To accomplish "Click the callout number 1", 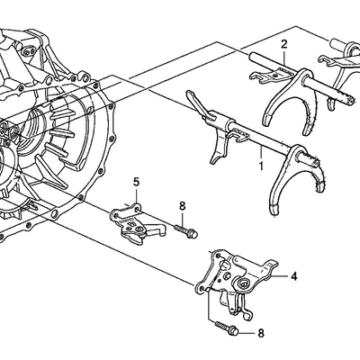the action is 261,166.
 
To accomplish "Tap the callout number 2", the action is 283,44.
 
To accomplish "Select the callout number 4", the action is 294,276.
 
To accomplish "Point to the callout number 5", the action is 136,182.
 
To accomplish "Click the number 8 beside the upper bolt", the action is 182,206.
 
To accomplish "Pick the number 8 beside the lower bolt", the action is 261,333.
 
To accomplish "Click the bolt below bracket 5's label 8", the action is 186,231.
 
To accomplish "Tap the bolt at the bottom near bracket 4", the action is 227,328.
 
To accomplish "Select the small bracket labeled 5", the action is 137,223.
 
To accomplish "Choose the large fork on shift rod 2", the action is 290,99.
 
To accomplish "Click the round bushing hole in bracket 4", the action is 243,283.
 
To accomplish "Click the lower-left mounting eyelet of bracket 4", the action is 200,288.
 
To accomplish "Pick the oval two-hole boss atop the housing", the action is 28,50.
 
